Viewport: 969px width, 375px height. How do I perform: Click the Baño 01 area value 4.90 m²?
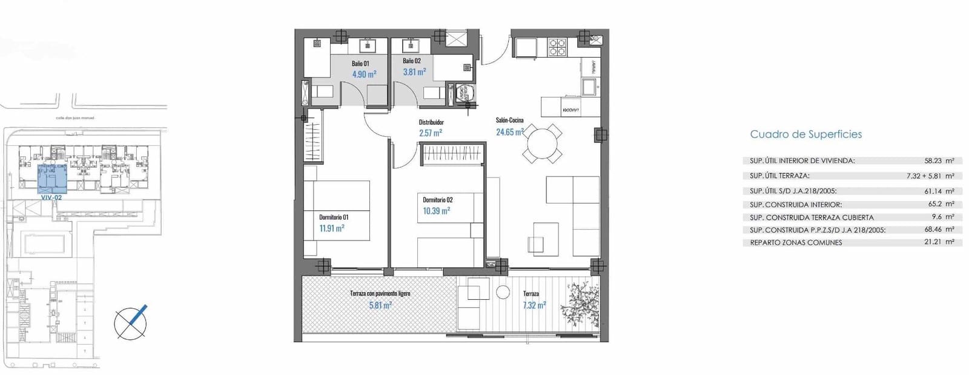point(364,75)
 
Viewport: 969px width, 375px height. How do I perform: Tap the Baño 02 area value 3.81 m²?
point(414,72)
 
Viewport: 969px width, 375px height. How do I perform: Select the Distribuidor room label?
point(431,122)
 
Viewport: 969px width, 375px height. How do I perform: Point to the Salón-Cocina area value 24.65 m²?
point(509,131)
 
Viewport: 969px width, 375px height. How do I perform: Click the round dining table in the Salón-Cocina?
point(543,144)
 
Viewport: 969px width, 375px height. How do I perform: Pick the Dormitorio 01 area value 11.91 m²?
point(331,228)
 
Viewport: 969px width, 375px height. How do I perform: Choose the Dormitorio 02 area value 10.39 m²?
point(436,211)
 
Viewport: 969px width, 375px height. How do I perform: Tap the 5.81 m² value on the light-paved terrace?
point(380,305)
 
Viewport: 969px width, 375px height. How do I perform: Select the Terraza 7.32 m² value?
point(534,305)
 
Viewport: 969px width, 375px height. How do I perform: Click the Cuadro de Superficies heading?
point(805,134)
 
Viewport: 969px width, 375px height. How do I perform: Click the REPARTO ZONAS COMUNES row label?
point(796,242)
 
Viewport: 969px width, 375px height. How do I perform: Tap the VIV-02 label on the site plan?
point(51,197)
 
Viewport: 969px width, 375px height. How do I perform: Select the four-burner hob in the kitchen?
point(557,47)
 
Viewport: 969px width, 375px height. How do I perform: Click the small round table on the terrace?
point(503,293)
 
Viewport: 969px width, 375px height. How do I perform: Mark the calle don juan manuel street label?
point(75,118)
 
